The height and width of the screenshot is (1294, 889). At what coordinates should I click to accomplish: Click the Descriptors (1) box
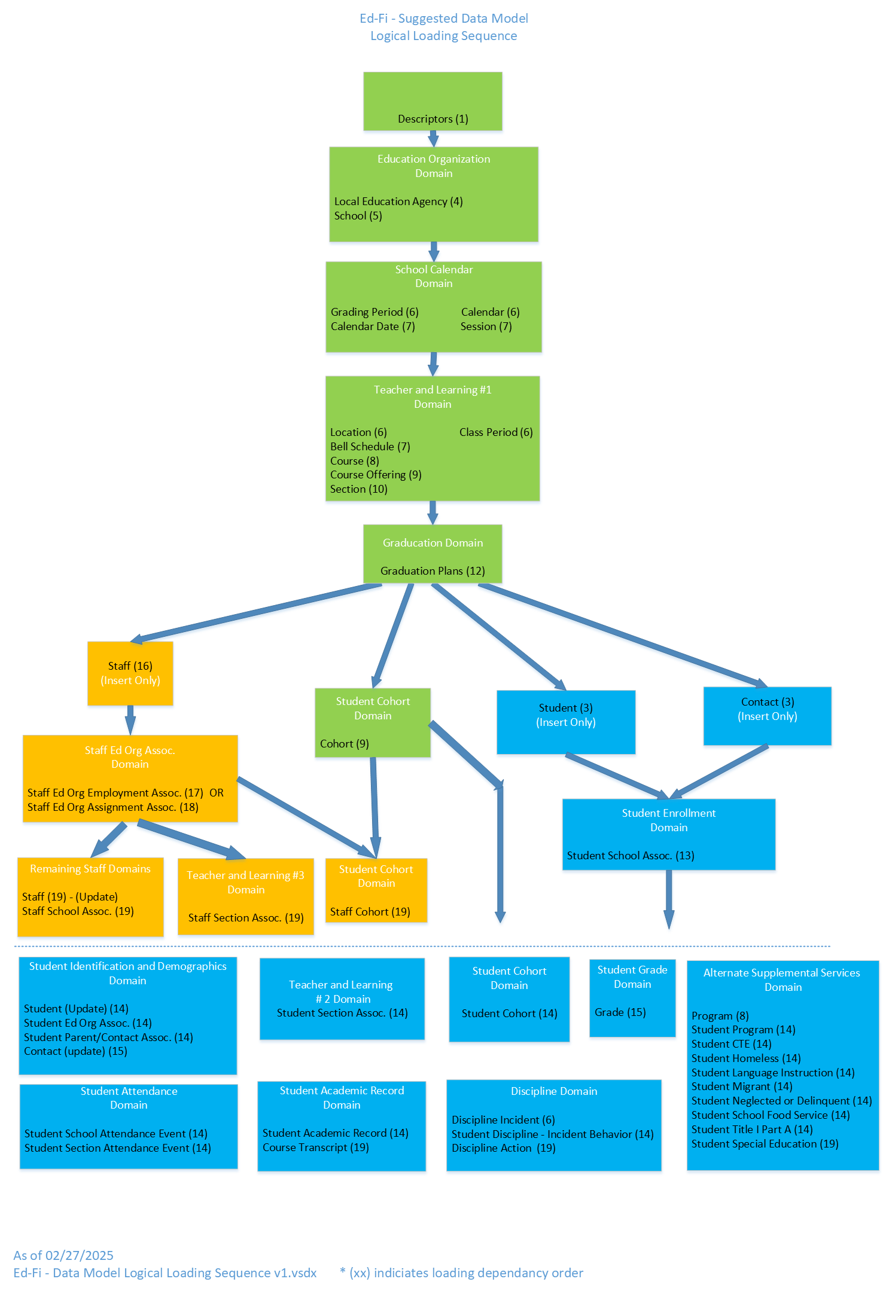click(433, 102)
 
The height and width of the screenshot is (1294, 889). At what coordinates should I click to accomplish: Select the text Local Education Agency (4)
click(398, 202)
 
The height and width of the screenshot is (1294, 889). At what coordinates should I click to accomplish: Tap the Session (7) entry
click(486, 326)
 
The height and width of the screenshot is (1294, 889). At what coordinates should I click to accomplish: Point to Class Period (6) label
click(495, 432)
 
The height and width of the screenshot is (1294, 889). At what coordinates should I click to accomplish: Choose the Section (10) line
click(358, 489)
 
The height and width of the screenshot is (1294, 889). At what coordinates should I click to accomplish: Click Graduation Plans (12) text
click(433, 571)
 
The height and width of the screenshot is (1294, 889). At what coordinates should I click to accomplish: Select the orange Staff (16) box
click(130, 673)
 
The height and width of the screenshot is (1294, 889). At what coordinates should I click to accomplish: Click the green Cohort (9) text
click(344, 744)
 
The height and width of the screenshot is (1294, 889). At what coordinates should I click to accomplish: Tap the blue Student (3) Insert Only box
click(565, 722)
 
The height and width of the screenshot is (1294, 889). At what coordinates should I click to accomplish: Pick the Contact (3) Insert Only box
click(767, 716)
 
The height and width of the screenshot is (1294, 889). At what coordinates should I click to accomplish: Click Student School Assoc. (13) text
click(631, 856)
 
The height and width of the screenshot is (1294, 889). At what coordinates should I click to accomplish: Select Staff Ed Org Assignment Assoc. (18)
click(112, 807)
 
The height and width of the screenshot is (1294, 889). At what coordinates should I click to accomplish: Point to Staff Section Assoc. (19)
click(246, 918)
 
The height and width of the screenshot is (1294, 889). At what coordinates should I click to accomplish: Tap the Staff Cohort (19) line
click(370, 912)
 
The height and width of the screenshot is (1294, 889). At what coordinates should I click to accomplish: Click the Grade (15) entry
click(620, 1012)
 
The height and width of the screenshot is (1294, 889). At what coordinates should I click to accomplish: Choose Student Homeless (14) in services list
click(746, 1058)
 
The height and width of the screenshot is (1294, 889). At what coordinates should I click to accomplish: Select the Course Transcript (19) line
click(315, 1147)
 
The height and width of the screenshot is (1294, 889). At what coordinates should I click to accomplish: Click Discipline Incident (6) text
click(503, 1120)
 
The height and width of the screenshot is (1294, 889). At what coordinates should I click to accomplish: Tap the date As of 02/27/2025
click(63, 1256)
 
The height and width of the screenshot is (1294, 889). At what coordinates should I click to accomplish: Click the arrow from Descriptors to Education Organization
click(433, 139)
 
